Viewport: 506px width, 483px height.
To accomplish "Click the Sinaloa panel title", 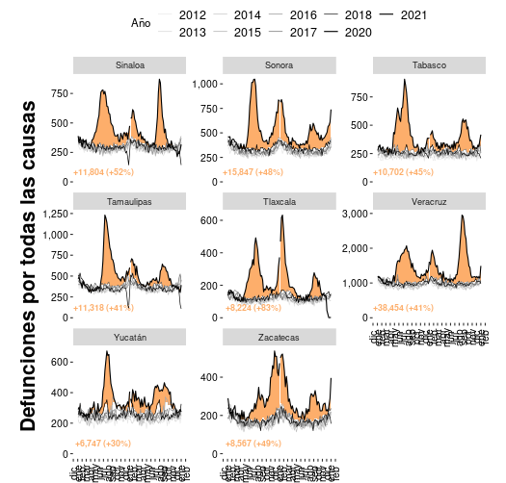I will [130, 65].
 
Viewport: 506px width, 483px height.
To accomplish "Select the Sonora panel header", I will [280, 65].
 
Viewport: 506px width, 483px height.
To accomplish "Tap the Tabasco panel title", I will [429, 65].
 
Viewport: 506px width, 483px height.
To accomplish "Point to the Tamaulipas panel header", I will [130, 201].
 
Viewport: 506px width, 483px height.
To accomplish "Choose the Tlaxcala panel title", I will [280, 201].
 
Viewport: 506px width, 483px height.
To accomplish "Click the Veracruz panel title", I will [429, 201].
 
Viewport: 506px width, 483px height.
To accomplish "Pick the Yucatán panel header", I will [130, 338].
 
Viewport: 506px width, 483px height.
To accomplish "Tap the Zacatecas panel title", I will [280, 338].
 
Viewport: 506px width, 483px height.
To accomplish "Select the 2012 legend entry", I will [193, 15].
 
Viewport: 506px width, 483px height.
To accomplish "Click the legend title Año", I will [141, 23].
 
